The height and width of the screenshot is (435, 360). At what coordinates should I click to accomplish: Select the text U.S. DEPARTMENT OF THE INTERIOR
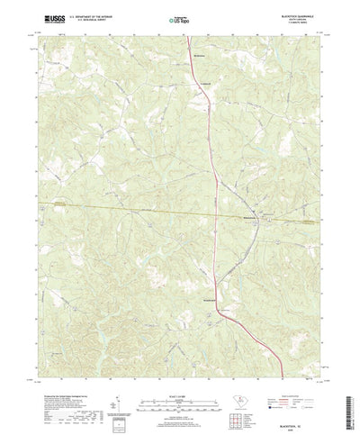[85, 17]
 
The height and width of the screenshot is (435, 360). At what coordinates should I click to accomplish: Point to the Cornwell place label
[204, 83]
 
